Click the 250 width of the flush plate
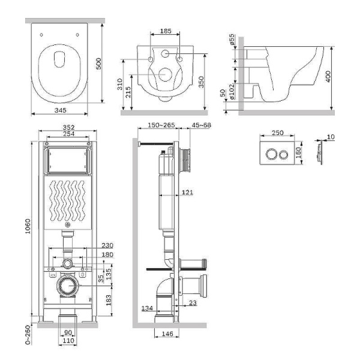(277, 133)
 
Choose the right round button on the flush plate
(283, 154)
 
